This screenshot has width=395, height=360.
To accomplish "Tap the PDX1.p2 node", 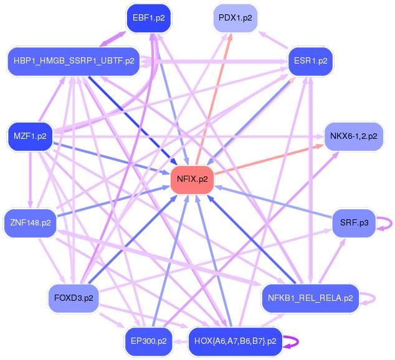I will pyautogui.click(x=235, y=18).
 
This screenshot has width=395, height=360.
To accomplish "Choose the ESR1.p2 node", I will pyautogui.click(x=310, y=61).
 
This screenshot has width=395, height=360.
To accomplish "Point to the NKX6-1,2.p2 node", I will pyautogui.click(x=353, y=136).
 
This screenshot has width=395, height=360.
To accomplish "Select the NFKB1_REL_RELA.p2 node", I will pyautogui.click(x=310, y=298).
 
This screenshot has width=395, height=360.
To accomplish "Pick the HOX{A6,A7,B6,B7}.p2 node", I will pyautogui.click(x=235, y=341).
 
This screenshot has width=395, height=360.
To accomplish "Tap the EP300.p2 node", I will pyautogui.click(x=148, y=341).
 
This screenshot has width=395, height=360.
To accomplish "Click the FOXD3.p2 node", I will pyautogui.click(x=74, y=298).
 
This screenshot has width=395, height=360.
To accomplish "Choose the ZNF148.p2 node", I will pyautogui.click(x=30, y=222).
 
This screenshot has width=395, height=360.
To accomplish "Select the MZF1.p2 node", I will pyautogui.click(x=30, y=136).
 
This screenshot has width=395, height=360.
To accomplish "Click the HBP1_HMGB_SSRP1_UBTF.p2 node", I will pyautogui.click(x=74, y=61).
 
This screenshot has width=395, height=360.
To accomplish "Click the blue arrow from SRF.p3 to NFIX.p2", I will pyautogui.click(x=274, y=201).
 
